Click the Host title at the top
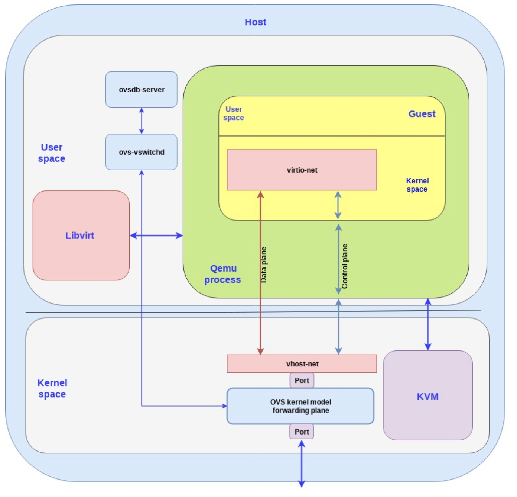[x=255, y=22]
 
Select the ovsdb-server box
[x=142, y=89]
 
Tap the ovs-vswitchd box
[x=142, y=152]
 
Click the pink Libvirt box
[x=81, y=235]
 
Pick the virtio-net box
[x=302, y=170]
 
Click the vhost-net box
[x=302, y=364]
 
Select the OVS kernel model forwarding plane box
[x=300, y=406]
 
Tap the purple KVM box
[x=428, y=397]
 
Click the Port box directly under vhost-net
[x=302, y=381]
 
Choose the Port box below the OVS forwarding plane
[x=302, y=432]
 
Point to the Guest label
[x=422, y=114]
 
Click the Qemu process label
[x=222, y=274]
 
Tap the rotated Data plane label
[x=264, y=265]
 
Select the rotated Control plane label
[x=345, y=266]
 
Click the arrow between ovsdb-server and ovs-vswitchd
[x=142, y=121]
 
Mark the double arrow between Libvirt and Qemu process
[x=156, y=235]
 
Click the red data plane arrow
[x=261, y=273]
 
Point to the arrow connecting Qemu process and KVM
[x=428, y=324]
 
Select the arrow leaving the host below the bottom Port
[x=302, y=464]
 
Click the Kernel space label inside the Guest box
[x=417, y=185]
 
